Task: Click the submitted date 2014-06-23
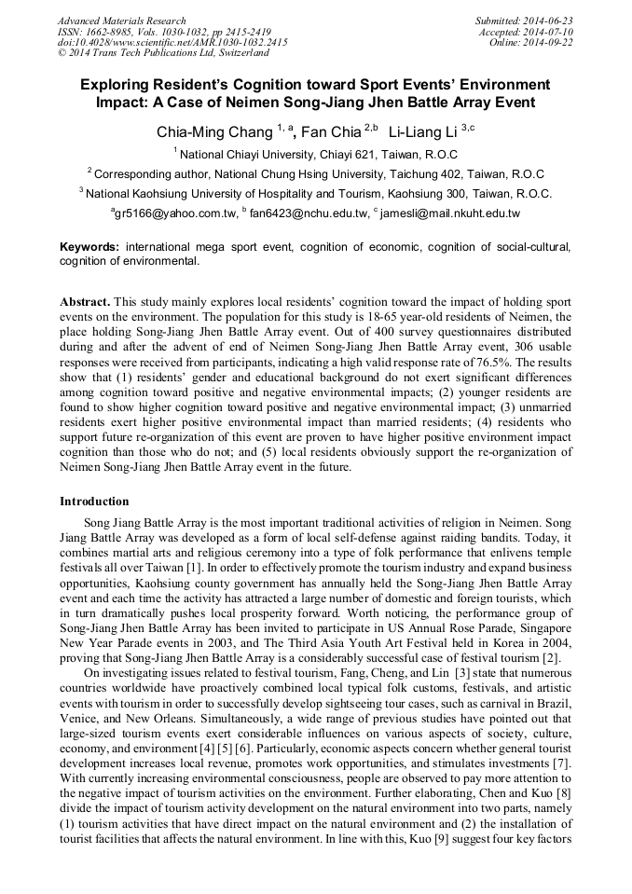click(551, 21)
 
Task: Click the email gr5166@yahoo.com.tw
click(176, 214)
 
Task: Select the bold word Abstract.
click(86, 304)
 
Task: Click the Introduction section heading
click(94, 502)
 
